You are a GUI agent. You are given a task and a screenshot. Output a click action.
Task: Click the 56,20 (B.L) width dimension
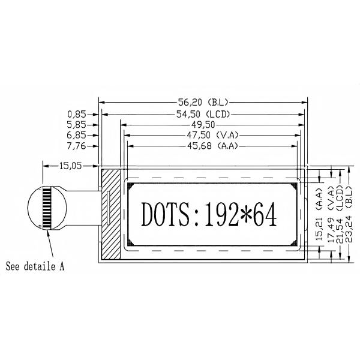click(202, 103)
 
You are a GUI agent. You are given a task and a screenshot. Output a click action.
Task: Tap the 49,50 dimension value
click(200, 124)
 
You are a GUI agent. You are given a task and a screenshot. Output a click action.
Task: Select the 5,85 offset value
click(76, 124)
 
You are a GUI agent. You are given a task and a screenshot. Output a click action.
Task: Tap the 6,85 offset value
click(76, 135)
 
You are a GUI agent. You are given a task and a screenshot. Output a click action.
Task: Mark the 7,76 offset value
click(76, 146)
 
